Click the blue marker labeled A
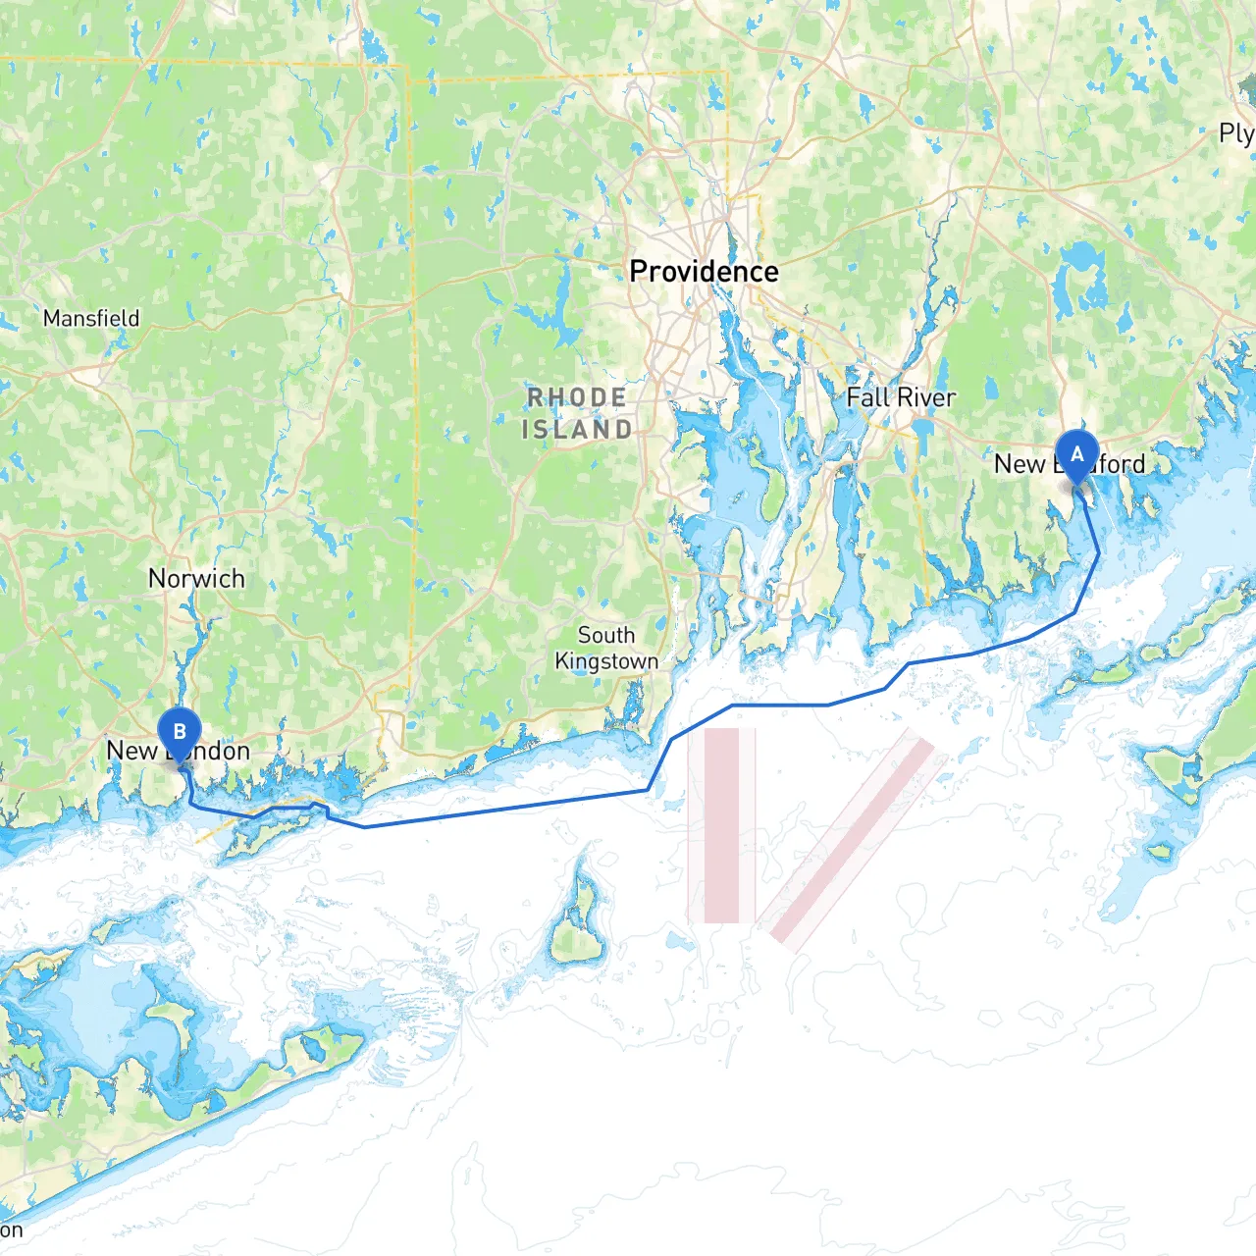click(1076, 455)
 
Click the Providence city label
click(704, 272)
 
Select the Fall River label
click(901, 397)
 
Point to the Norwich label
click(196, 578)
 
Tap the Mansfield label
click(91, 318)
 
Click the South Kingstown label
click(606, 648)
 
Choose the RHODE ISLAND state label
click(577, 413)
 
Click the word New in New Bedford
click(1020, 464)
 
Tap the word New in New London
click(131, 751)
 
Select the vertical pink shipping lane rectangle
click(721, 824)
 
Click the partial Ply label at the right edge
click(1235, 133)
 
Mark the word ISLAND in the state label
click(577, 430)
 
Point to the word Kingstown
click(606, 661)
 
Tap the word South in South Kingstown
click(606, 635)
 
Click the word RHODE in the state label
click(577, 397)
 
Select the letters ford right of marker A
click(1122, 464)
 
